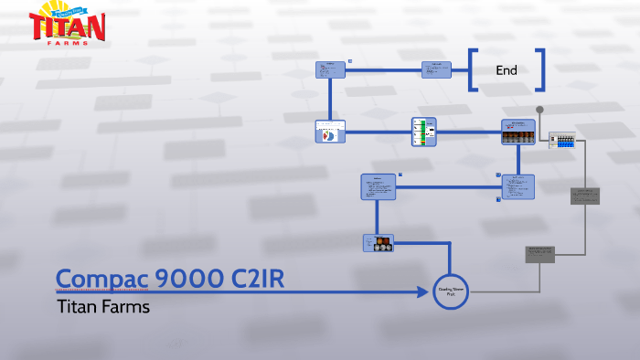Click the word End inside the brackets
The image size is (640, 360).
[x=507, y=70]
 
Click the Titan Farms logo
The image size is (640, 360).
[x=68, y=26]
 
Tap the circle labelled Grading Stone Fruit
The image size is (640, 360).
[x=451, y=292]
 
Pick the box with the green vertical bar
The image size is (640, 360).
[x=424, y=132]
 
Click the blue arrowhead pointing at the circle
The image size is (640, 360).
[x=423, y=292]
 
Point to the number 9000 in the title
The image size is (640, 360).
[x=177, y=280]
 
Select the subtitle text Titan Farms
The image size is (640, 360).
[x=102, y=307]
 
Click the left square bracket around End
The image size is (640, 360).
[x=474, y=70]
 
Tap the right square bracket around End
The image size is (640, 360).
[x=540, y=70]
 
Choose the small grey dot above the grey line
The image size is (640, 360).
[x=539, y=110]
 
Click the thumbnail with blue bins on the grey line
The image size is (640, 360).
[x=562, y=142]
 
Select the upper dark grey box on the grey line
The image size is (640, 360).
[x=585, y=196]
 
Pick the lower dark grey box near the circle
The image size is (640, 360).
[x=539, y=254]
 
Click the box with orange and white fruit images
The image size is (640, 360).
[x=378, y=243]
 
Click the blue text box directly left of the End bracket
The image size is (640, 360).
[x=436, y=69]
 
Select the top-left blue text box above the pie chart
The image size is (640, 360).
[x=331, y=70]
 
